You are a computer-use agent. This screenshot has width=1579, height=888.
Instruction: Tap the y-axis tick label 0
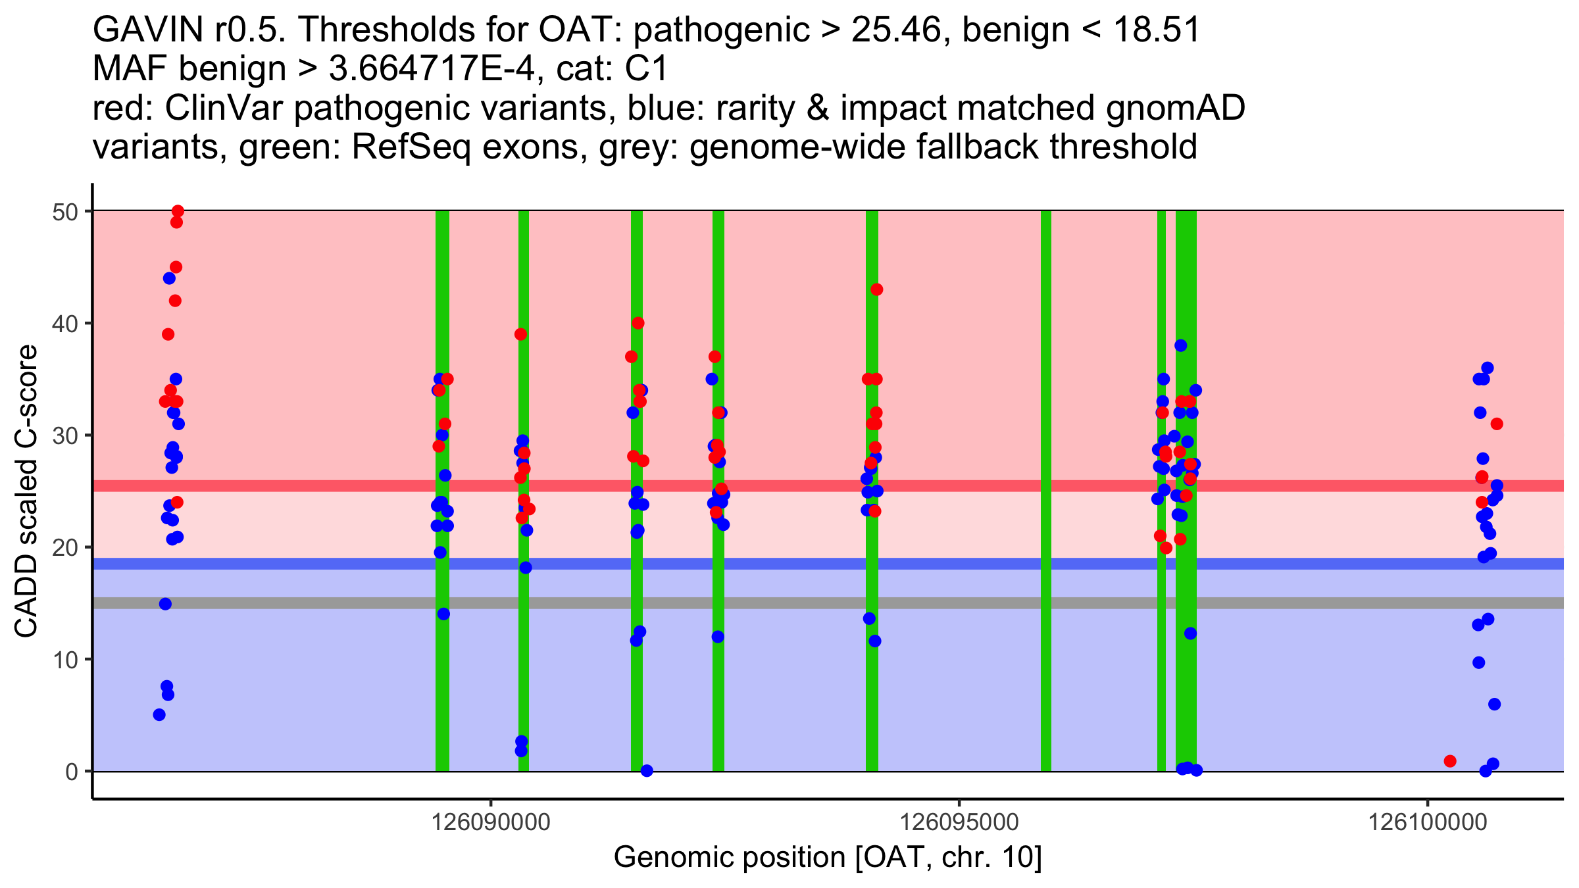72,772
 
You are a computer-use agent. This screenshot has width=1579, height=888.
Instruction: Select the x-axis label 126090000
490,823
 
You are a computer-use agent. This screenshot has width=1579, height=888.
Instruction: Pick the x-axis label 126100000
1428,823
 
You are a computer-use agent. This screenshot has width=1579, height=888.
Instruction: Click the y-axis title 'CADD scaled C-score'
26,491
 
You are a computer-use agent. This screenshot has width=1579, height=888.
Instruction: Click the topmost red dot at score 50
178,211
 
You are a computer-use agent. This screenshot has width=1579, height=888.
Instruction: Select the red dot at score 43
876,289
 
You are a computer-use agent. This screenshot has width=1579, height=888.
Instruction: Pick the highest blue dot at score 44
169,278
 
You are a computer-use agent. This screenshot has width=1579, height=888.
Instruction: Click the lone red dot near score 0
1450,761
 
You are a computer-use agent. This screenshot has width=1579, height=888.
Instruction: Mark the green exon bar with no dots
1045,491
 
